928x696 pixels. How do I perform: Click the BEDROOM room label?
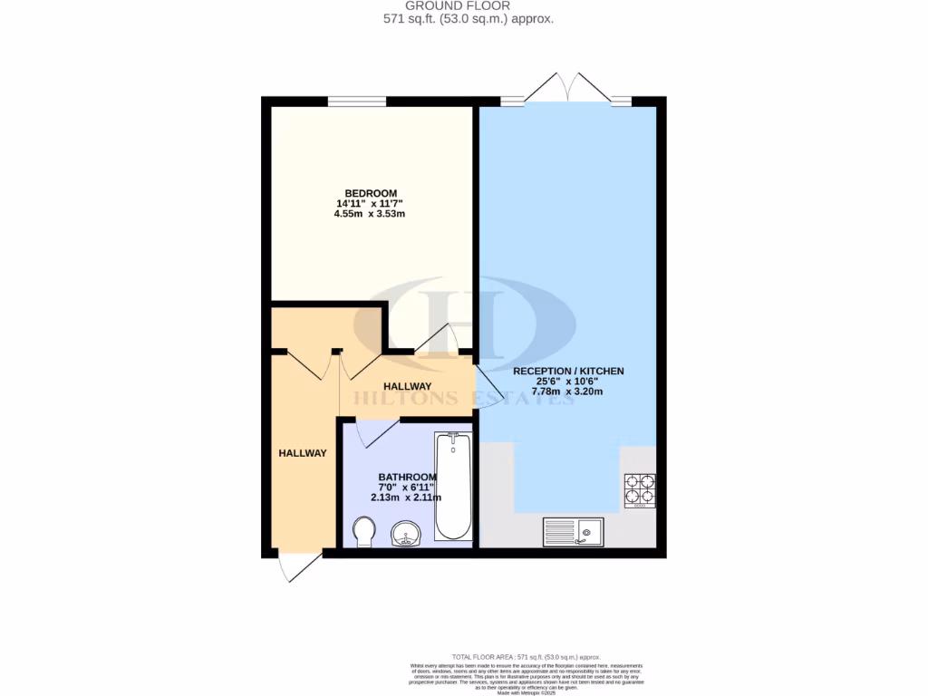click(x=369, y=193)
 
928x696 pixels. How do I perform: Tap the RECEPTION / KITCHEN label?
click(x=568, y=372)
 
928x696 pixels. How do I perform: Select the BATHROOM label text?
click(x=408, y=477)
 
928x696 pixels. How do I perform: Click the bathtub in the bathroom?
click(x=453, y=486)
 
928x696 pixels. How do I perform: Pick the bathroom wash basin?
click(x=405, y=535)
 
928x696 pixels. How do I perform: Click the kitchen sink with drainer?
click(x=575, y=531)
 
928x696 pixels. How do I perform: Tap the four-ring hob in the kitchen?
click(x=640, y=490)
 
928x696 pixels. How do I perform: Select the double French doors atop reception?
click(x=567, y=91)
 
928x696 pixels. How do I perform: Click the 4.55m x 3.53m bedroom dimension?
click(x=369, y=215)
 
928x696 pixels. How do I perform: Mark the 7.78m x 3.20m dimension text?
click(x=567, y=392)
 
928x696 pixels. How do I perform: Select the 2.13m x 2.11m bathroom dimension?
click(x=405, y=498)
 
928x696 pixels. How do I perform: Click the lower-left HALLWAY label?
click(x=303, y=453)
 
